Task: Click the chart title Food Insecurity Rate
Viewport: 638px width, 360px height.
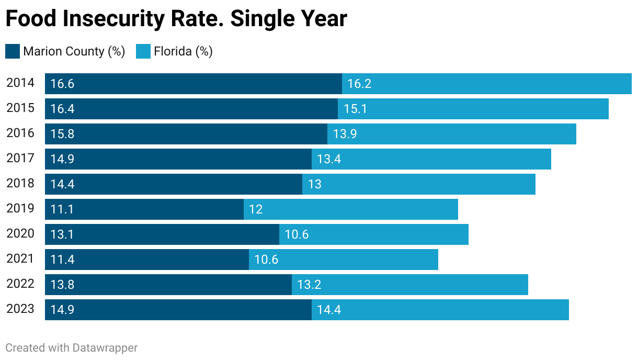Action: [176, 19]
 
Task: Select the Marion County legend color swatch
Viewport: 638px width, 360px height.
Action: [13, 51]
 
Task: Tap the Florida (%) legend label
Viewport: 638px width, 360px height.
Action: [183, 51]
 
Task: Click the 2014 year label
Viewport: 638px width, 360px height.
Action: [20, 83]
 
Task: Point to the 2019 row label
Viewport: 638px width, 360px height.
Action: [20, 209]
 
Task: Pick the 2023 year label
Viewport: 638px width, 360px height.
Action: [20, 309]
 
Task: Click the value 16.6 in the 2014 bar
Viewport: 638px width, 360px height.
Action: [62, 84]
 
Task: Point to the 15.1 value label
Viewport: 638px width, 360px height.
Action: [355, 109]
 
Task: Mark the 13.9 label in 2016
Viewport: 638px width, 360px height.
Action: [345, 134]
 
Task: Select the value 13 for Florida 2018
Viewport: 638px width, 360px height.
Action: [314, 184]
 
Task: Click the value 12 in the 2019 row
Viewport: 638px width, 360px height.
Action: [256, 209]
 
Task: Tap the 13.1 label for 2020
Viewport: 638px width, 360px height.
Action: [62, 234]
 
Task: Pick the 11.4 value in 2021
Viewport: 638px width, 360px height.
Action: [62, 260]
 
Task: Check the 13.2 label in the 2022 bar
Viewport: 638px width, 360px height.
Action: [309, 285]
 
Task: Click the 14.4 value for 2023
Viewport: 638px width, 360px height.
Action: [329, 310]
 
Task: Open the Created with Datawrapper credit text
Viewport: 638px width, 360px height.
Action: [72, 347]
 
